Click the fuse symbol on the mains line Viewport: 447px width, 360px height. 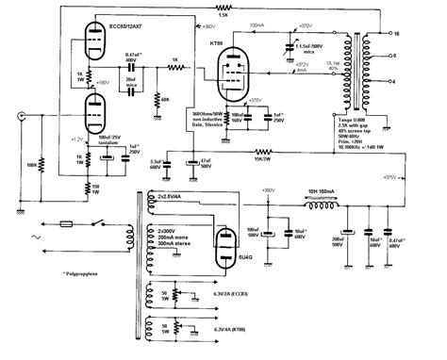pos(68,224)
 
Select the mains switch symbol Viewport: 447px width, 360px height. pos(99,223)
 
